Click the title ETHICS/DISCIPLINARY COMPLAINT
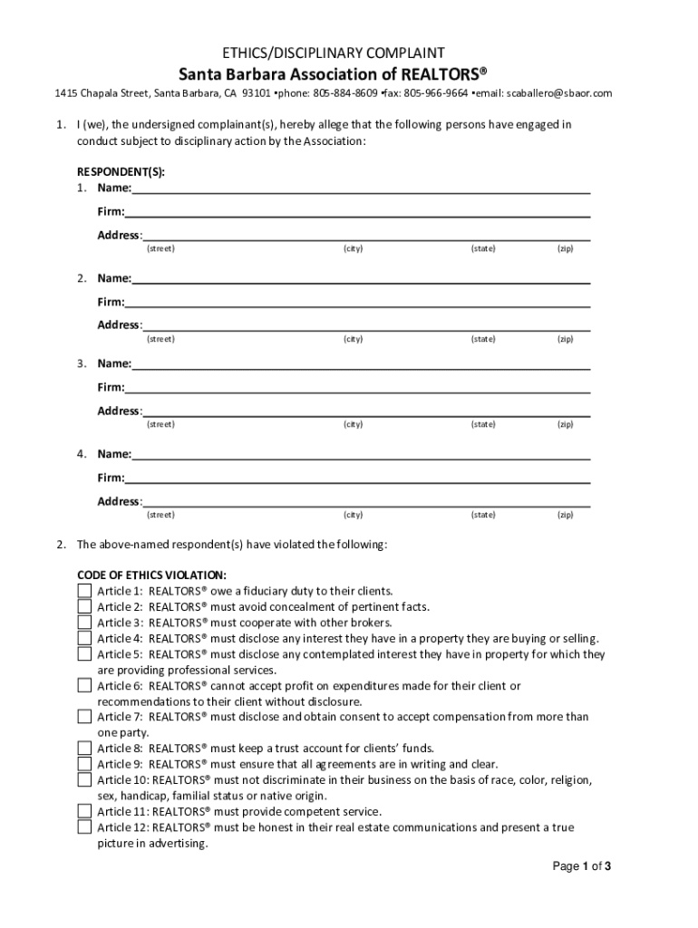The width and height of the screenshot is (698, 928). point(348,53)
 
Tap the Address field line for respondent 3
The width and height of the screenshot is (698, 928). point(366,411)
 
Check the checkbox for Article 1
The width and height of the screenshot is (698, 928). point(84,591)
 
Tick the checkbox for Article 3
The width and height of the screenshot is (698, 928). point(84,623)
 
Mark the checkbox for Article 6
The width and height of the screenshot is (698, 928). point(84,686)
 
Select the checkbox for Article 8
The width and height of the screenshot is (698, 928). point(84,748)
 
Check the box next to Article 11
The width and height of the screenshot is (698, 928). point(84,811)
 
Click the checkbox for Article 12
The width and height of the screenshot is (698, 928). point(84,826)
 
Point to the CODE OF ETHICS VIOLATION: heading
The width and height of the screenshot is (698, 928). point(151,575)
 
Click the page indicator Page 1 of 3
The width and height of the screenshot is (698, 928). point(583,867)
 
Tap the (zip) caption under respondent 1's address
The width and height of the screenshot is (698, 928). point(566,248)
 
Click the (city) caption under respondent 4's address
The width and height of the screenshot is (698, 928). point(353,515)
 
